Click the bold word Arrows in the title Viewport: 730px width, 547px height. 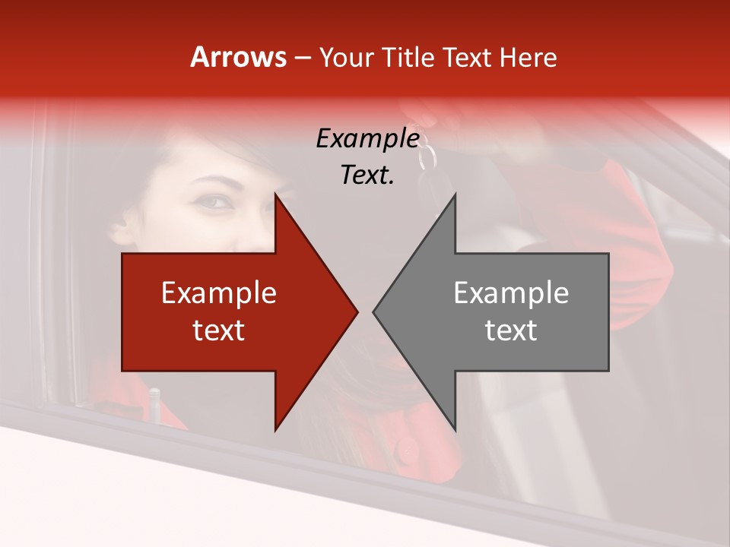click(239, 58)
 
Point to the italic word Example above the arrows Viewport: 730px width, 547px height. click(367, 139)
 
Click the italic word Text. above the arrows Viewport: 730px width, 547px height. click(367, 175)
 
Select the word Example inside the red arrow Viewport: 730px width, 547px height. click(219, 293)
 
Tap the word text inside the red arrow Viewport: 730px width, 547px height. click(219, 330)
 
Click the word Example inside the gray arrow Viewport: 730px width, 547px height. click(511, 293)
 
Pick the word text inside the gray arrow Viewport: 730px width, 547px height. click(511, 330)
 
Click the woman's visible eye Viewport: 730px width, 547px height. click(214, 202)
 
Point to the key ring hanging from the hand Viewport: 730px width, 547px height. click(428, 157)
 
